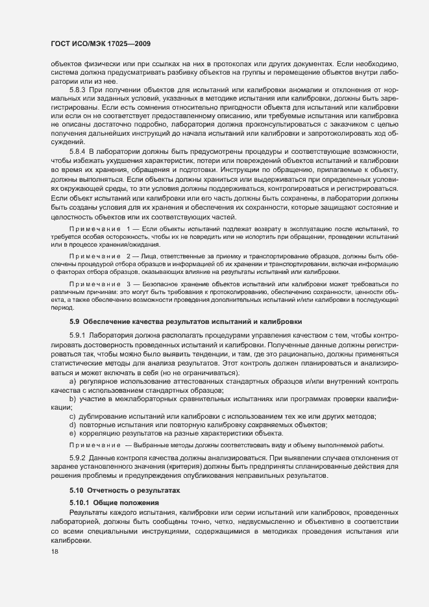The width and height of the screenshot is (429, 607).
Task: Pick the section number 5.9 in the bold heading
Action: (74, 323)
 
